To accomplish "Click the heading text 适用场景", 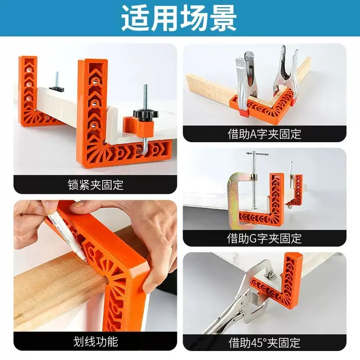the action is coord(179,18).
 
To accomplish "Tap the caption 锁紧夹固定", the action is coord(95,185).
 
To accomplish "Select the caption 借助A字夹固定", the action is coord(264,134).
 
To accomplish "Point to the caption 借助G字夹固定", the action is coord(264,238).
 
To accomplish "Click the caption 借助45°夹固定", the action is coord(264,343).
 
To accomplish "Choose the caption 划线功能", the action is coord(96,342).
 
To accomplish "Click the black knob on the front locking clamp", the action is coord(142,114).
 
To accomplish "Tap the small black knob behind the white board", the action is coord(56,88).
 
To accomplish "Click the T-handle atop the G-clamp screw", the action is coord(257,153).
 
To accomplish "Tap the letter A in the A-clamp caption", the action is coord(253,134).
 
